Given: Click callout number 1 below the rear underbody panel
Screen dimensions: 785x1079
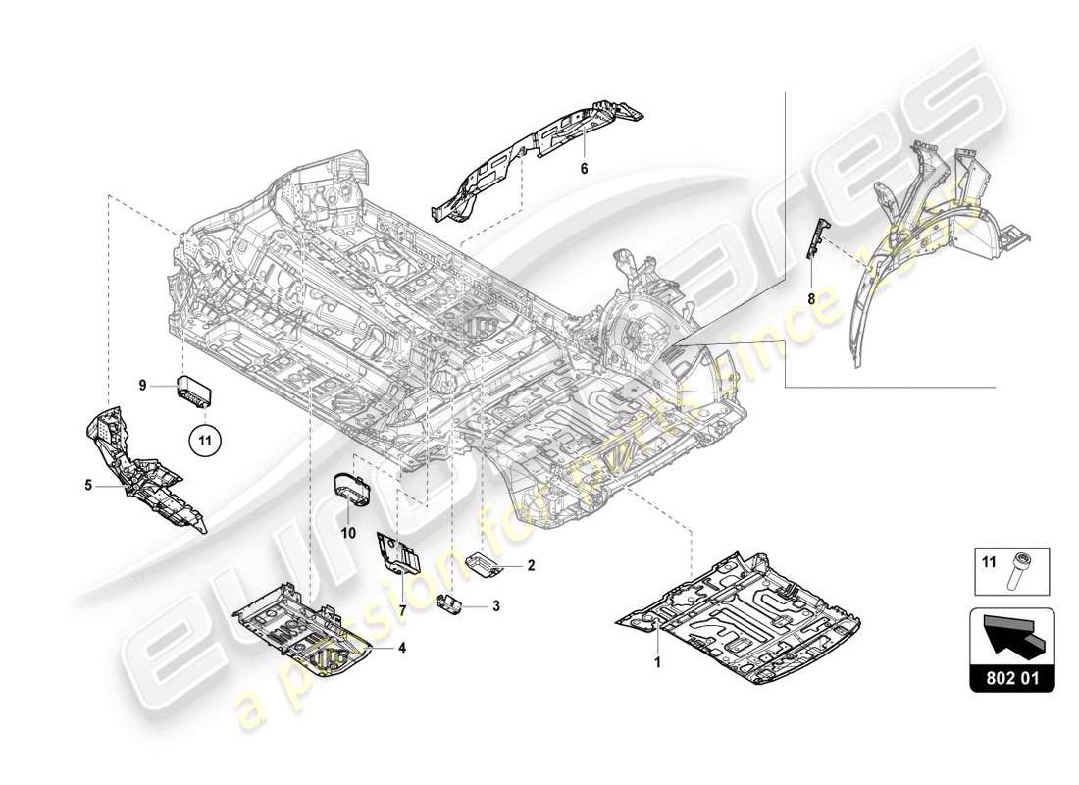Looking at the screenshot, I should point(658,662).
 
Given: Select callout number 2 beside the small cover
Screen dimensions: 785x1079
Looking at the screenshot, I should point(531,565).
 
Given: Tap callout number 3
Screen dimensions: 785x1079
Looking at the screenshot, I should point(496,607).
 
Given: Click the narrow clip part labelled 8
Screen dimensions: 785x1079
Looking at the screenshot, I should point(813,238).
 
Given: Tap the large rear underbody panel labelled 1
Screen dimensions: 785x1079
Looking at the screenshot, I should point(745,618).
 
